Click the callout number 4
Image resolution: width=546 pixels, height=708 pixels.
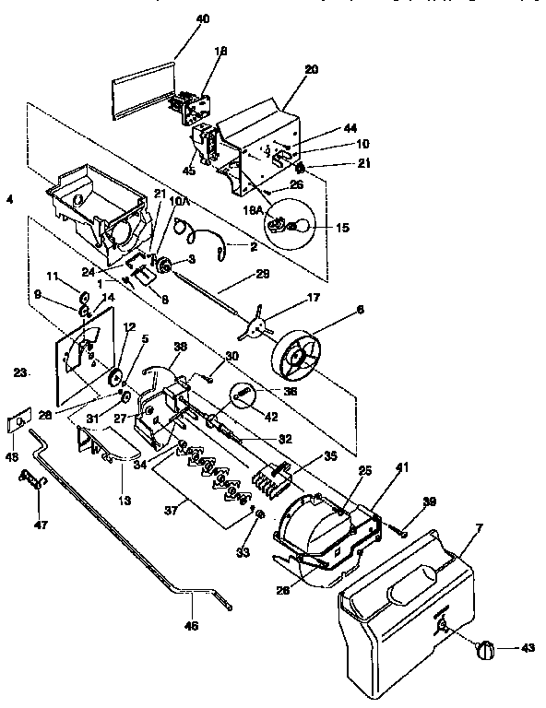[9, 198]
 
